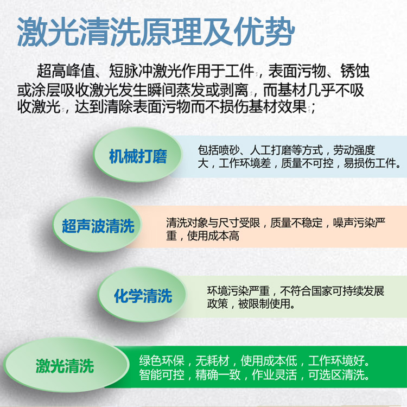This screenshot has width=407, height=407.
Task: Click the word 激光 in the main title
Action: click(x=48, y=32)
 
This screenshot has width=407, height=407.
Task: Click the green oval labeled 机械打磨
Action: click(x=138, y=155)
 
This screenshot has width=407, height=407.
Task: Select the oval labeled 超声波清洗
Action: click(x=97, y=225)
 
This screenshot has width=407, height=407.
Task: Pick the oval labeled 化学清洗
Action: click(x=143, y=295)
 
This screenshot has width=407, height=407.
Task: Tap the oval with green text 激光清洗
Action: click(x=66, y=365)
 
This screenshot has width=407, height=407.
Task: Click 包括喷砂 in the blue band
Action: click(x=219, y=150)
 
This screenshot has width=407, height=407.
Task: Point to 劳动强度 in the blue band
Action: click(x=354, y=150)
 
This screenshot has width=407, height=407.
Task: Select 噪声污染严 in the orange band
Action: click(x=359, y=222)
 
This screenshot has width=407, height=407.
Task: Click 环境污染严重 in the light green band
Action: click(x=238, y=291)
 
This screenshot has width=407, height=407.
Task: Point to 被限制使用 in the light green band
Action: click(x=264, y=304)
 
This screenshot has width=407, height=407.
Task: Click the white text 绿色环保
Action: click(x=162, y=360)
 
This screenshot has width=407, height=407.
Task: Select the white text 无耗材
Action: click(x=213, y=360)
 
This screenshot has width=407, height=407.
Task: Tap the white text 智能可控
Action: click(x=162, y=374)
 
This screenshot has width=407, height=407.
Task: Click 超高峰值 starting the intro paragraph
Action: click(x=66, y=71)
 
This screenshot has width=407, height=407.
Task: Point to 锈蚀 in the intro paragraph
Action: click(x=355, y=71)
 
